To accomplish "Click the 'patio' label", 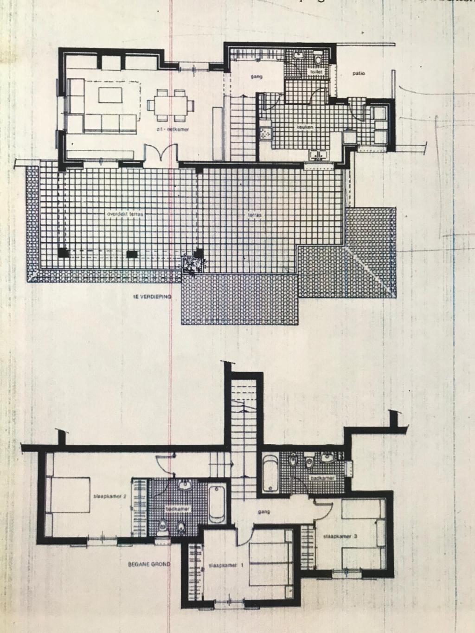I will click(359, 73).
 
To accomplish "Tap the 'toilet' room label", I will click(316, 73).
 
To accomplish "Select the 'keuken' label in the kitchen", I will click(305, 127).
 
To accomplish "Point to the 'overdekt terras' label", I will click(125, 214).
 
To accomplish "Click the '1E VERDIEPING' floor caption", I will click(153, 296).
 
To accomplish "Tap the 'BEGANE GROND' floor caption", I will click(149, 564).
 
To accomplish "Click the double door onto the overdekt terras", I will click(160, 153).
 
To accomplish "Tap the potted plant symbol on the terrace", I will click(191, 265).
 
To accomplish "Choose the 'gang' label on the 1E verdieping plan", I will click(257, 76).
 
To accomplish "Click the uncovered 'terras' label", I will click(255, 215).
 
